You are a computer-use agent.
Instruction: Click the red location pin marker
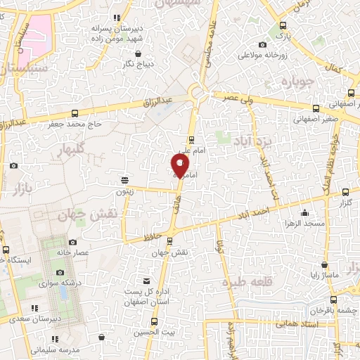point(181,165)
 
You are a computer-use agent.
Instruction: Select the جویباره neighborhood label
point(301,83)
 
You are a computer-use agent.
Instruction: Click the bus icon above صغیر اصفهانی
point(315,108)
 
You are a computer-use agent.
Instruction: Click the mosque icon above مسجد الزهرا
point(304,213)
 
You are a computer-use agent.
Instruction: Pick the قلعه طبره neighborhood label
point(242,282)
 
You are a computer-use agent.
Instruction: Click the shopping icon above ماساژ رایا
point(323,265)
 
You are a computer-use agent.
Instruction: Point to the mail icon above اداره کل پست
point(146,281)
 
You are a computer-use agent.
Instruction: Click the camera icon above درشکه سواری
point(60,272)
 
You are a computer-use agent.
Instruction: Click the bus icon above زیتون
point(124,180)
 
